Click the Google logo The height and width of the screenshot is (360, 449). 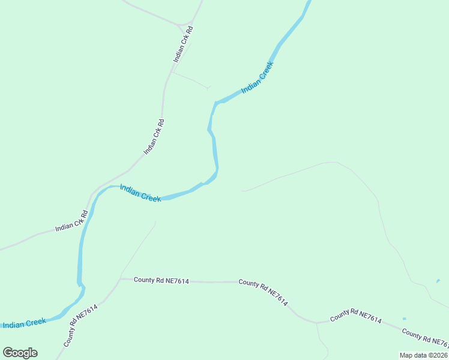point(20,353)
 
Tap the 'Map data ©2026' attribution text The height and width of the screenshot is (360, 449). point(424,355)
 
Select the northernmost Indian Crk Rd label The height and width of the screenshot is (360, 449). point(183,44)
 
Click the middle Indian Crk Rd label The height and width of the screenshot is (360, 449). point(154,137)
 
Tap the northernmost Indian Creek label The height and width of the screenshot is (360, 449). point(258,78)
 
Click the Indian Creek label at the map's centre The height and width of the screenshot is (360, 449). point(140,193)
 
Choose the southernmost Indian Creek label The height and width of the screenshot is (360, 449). point(24,323)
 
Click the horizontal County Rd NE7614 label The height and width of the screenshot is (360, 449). point(161,280)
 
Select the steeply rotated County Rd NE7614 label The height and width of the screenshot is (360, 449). point(80,325)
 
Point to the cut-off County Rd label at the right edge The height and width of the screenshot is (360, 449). point(425,338)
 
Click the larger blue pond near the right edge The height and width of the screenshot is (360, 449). point(438,280)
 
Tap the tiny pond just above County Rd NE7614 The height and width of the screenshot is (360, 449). point(404,319)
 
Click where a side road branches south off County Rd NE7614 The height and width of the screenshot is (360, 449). point(316,323)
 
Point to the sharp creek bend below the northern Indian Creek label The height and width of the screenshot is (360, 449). point(215,103)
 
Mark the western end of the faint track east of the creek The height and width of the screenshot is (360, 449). point(242,191)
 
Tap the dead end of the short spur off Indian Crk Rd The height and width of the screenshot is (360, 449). point(209,88)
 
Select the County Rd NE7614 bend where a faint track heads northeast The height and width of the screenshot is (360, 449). point(120,279)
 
